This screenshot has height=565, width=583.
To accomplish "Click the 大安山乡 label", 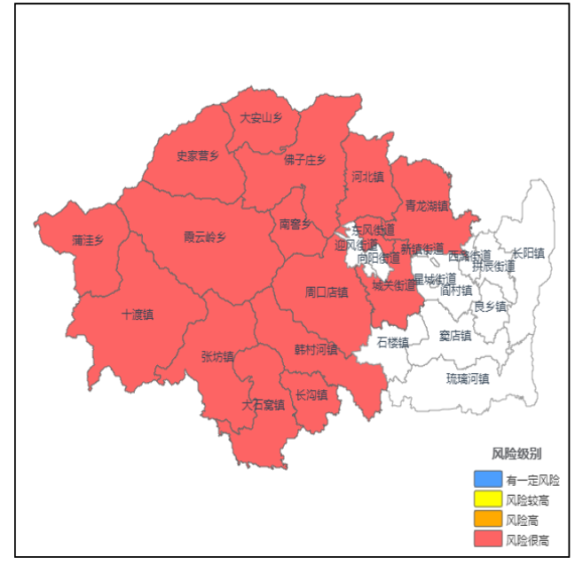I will [261, 117].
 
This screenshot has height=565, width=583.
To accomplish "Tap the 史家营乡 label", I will [197, 155].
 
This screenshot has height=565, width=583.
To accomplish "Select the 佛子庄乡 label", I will [305, 160].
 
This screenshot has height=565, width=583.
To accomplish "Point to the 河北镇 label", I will [367, 176].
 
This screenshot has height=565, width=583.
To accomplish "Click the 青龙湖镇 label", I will [427, 206].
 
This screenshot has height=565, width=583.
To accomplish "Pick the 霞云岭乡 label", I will [205, 237].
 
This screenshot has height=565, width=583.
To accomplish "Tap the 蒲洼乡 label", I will [88, 240].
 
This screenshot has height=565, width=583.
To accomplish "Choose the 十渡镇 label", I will [138, 314].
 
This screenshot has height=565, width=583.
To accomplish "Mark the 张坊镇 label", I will [217, 357].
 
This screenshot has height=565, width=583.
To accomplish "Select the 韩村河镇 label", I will [316, 349].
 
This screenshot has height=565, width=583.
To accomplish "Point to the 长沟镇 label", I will [311, 394].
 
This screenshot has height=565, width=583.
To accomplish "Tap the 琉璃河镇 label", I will [468, 378].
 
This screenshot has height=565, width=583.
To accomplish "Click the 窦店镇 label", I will [455, 335].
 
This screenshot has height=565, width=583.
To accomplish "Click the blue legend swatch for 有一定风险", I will [487, 480].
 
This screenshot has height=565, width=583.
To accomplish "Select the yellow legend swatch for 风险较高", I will [487, 500].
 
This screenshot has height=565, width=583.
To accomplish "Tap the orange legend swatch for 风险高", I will [487, 520].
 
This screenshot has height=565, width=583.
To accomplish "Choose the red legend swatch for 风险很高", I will [487, 539].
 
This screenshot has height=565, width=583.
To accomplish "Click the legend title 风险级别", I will [516, 454].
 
